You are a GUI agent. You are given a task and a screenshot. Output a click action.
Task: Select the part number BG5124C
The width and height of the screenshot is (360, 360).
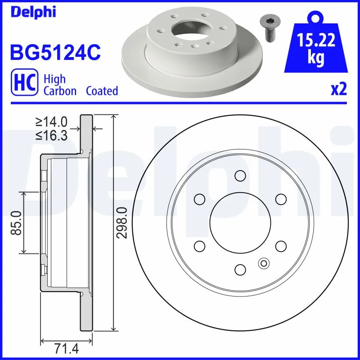[x=55, y=53]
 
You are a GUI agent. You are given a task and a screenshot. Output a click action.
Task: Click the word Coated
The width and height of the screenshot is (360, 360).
[x=102, y=91]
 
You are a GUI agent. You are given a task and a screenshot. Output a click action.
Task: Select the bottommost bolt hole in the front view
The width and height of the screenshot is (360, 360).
[x=240, y=269]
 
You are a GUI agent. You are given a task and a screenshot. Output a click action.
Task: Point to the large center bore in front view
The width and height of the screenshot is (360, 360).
[x=240, y=222]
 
